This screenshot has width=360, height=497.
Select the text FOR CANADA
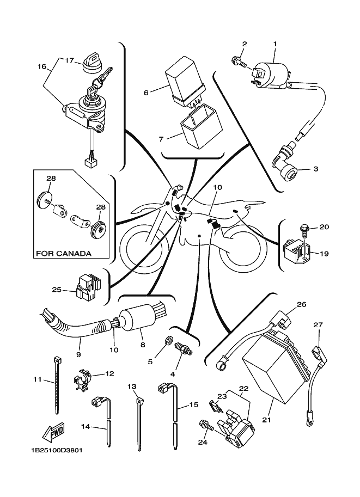[x=63, y=254]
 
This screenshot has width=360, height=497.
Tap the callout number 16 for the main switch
[x=42, y=66]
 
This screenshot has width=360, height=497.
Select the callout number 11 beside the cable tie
[x=36, y=379]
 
